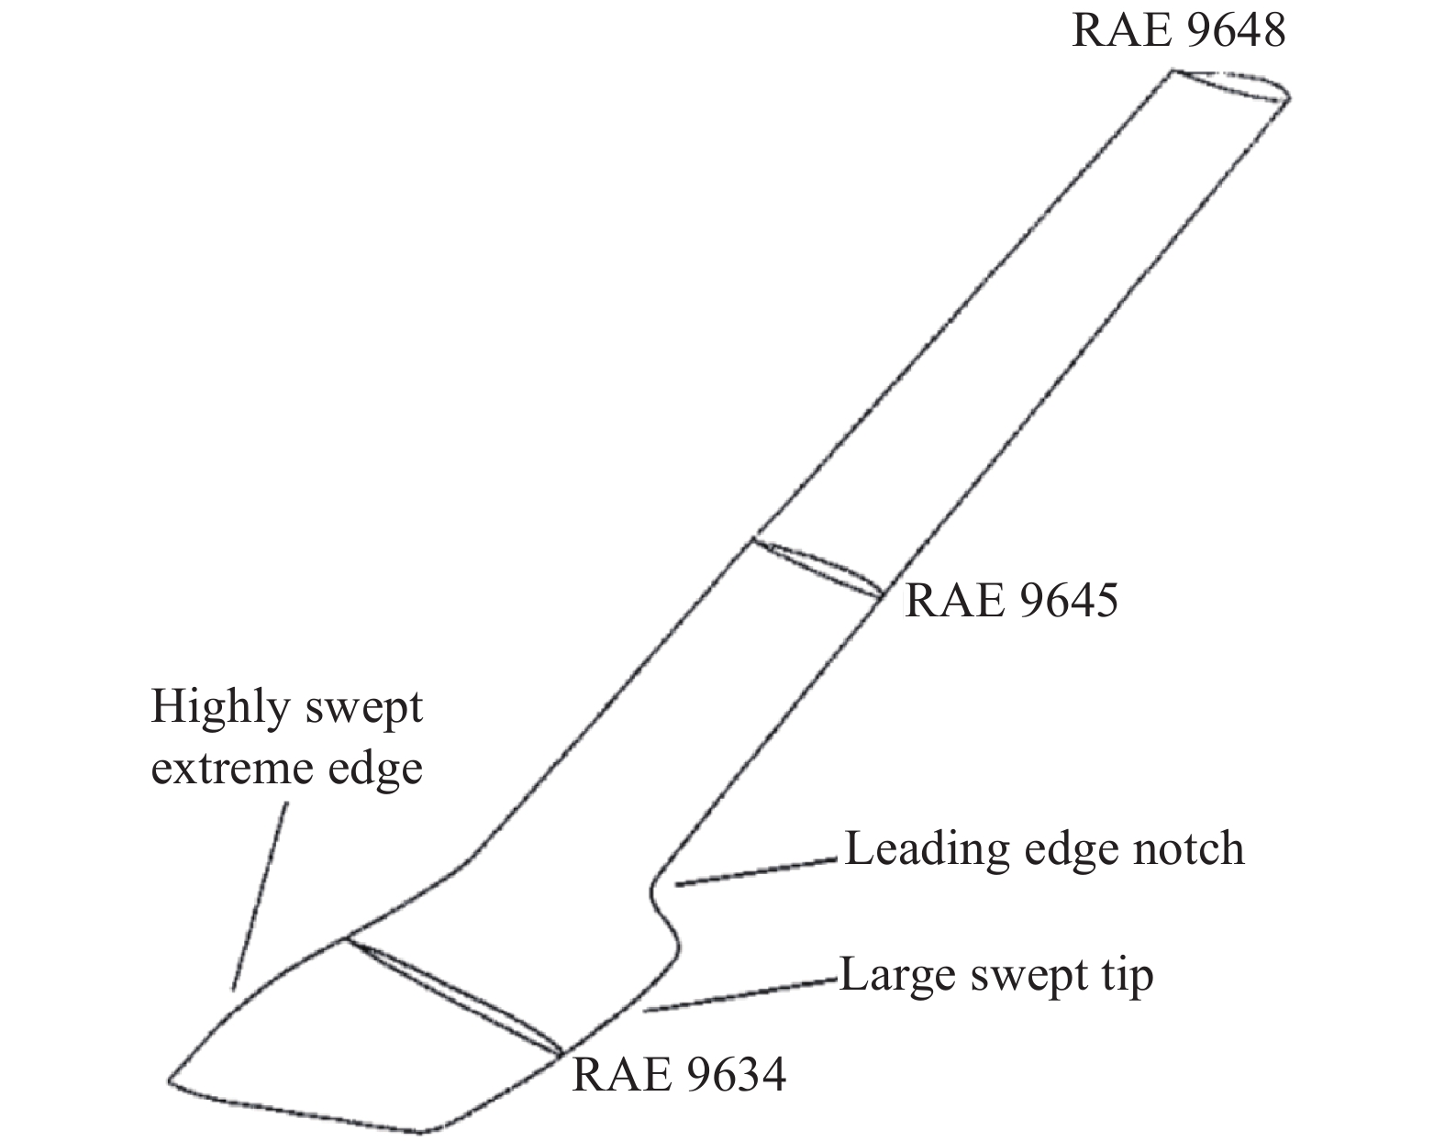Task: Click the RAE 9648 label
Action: (x=1178, y=30)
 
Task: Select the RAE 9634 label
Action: (x=678, y=1074)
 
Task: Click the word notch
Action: (x=1192, y=848)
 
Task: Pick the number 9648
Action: (x=1231, y=30)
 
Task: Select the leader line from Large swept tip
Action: (x=739, y=996)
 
